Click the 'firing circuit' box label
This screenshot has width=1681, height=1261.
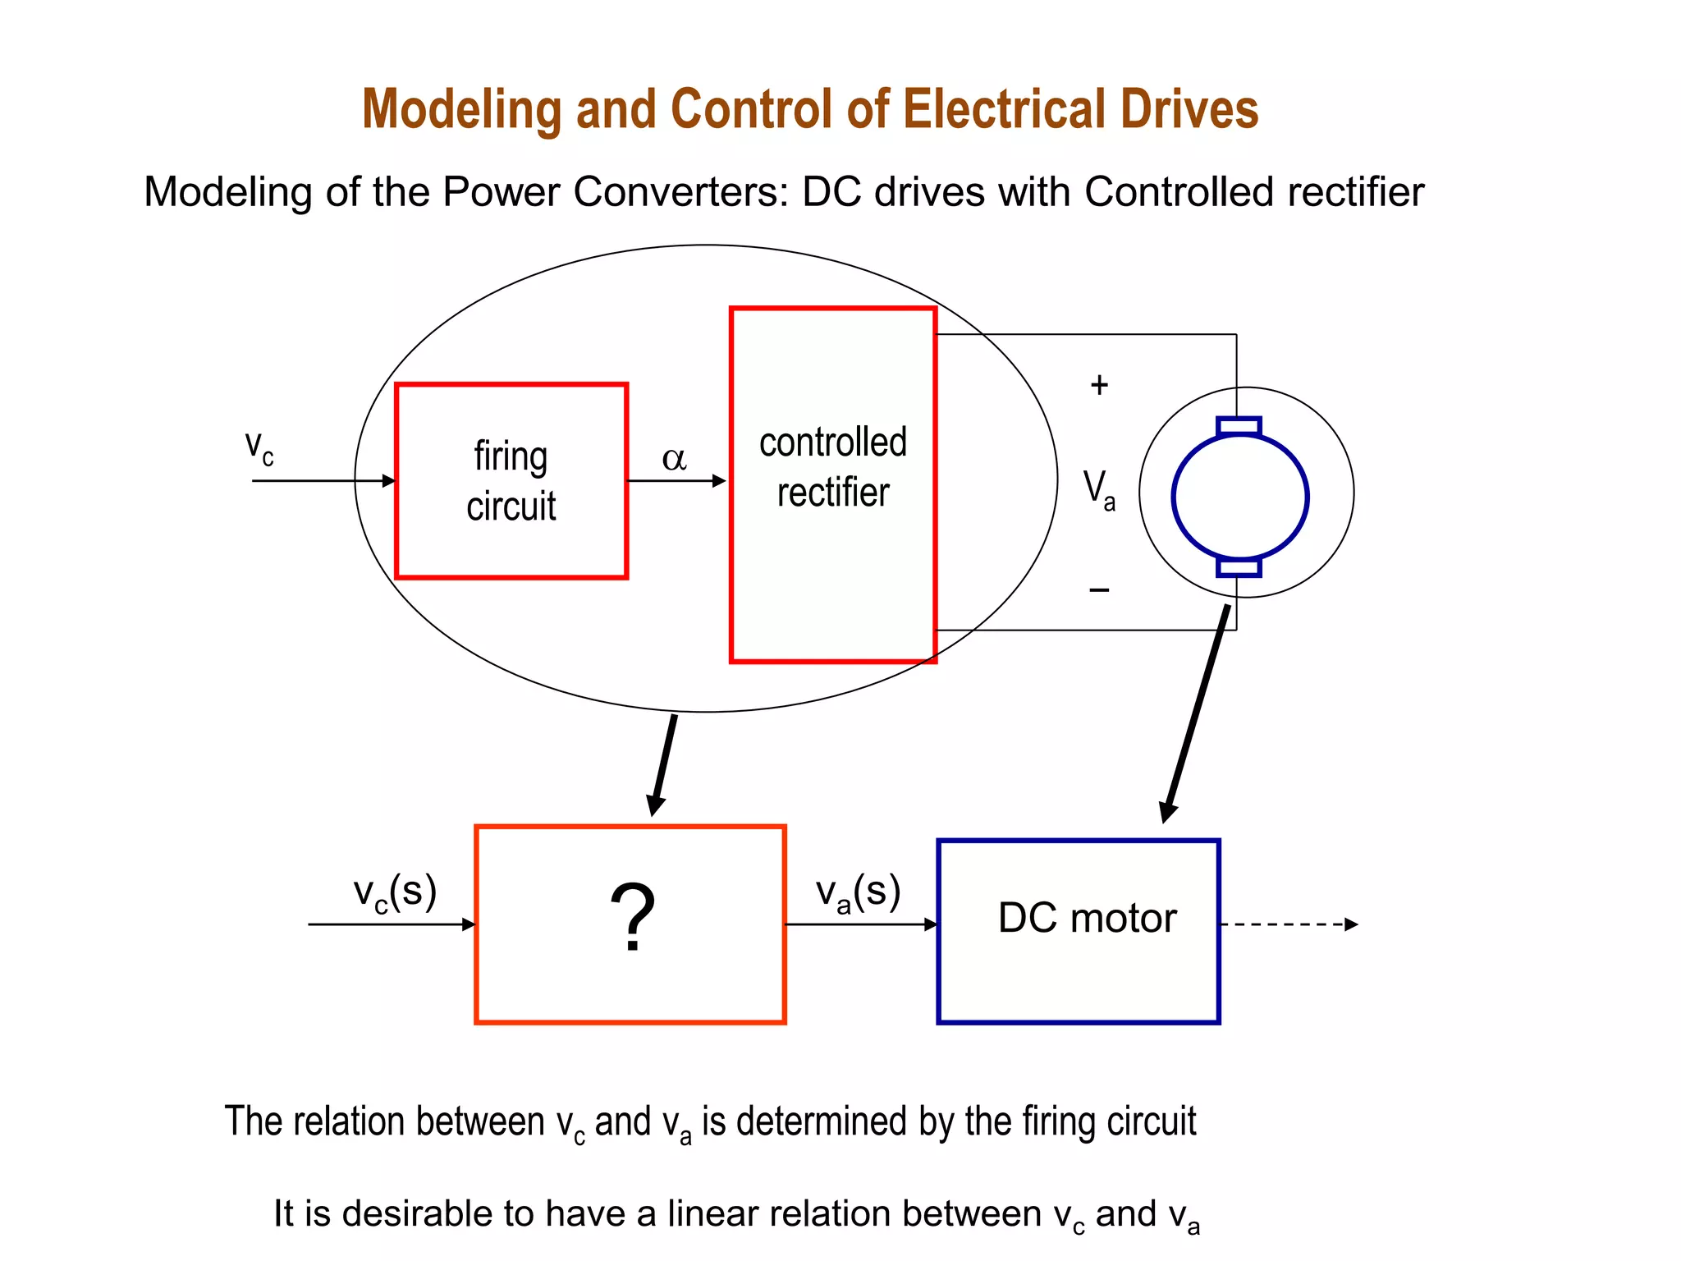click(x=511, y=481)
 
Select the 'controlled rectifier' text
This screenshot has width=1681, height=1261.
click(x=832, y=467)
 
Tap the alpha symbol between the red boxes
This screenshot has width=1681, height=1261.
click(x=674, y=459)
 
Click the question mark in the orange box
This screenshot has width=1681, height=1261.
click(x=632, y=918)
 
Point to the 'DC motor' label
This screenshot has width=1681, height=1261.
click(x=1087, y=918)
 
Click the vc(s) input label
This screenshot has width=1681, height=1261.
click(x=395, y=892)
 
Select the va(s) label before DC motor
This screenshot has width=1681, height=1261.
click(x=858, y=892)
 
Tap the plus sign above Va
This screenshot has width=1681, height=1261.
click(x=1099, y=385)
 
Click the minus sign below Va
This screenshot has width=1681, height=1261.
click(x=1099, y=589)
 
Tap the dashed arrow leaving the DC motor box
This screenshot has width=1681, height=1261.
click(x=1289, y=924)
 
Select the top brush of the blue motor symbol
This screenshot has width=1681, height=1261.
click(x=1239, y=426)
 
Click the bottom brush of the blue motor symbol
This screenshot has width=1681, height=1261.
click(x=1239, y=567)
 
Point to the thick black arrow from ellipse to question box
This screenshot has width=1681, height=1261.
click(x=663, y=763)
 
